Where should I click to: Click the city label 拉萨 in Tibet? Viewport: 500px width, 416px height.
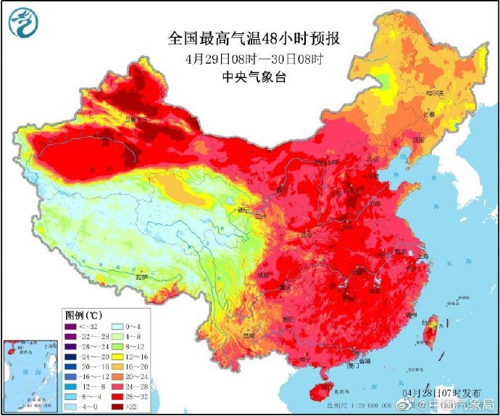point(142,277)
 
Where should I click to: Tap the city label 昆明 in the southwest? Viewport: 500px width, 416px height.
point(249,336)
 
